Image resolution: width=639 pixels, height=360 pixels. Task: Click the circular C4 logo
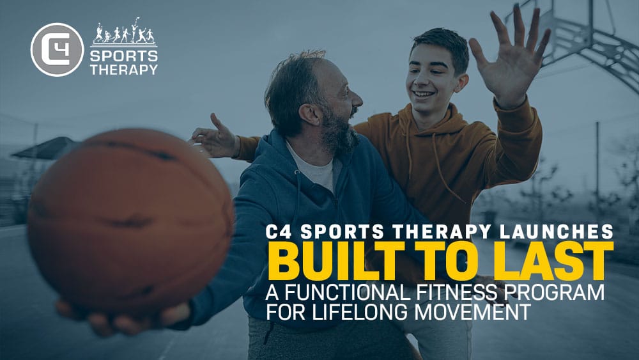[x=57, y=50]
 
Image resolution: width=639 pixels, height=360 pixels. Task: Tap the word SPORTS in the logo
[x=124, y=56]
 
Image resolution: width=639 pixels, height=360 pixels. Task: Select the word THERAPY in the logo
[x=124, y=70]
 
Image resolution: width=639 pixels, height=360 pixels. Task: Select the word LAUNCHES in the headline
[x=557, y=231]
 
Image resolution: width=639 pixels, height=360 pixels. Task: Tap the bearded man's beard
[x=341, y=130]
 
